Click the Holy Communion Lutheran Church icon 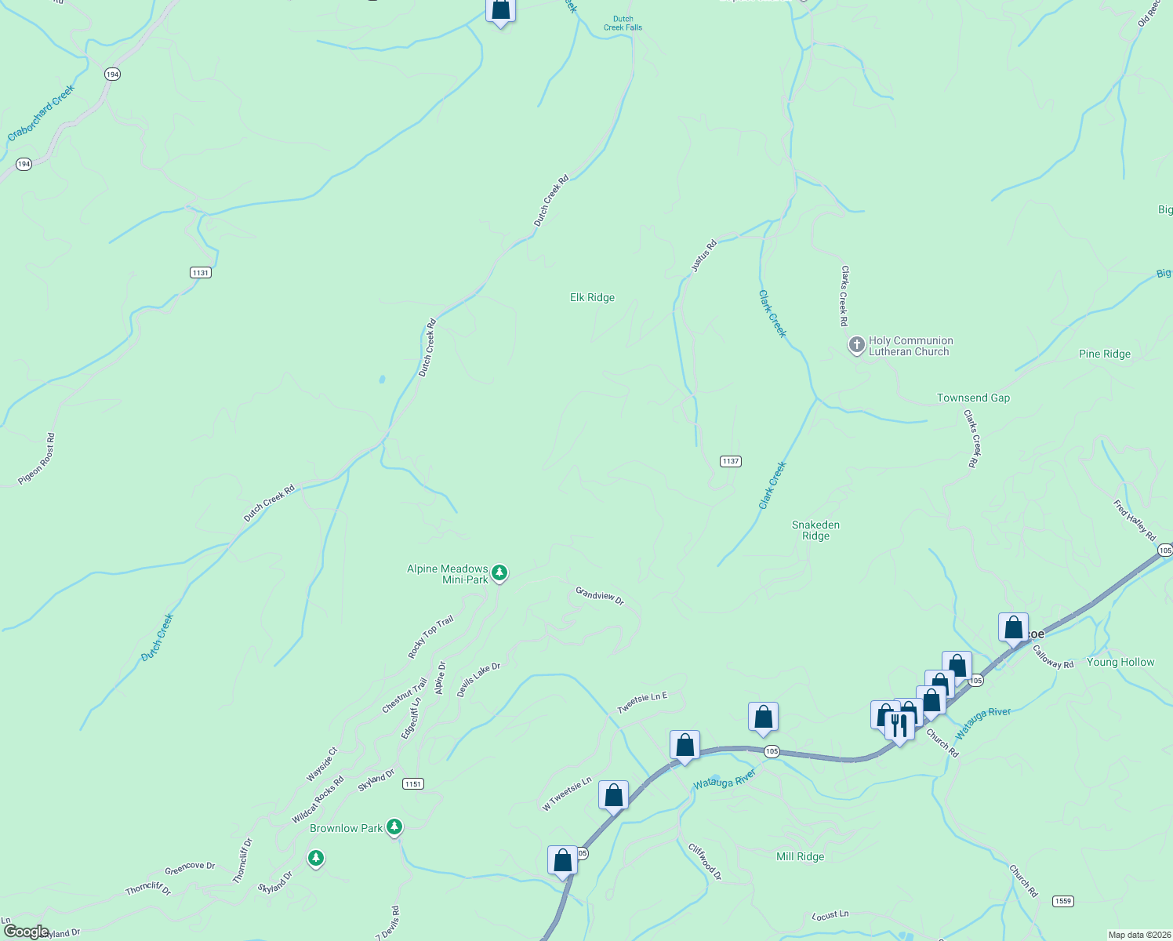click(856, 344)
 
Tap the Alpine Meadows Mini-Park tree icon click(499, 573)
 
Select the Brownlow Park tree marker click(394, 827)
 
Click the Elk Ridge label click(592, 297)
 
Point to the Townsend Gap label click(973, 398)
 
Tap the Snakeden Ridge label click(815, 531)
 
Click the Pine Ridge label click(1104, 354)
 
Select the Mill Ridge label click(800, 856)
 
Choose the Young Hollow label click(1120, 662)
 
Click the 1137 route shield click(731, 461)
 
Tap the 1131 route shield click(201, 272)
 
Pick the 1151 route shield click(413, 783)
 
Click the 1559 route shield click(1062, 901)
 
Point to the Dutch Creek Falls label click(623, 24)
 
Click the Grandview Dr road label click(599, 595)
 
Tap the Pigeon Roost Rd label click(37, 459)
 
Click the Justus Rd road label click(703, 256)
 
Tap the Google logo click(26, 932)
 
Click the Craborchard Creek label click(41, 114)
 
